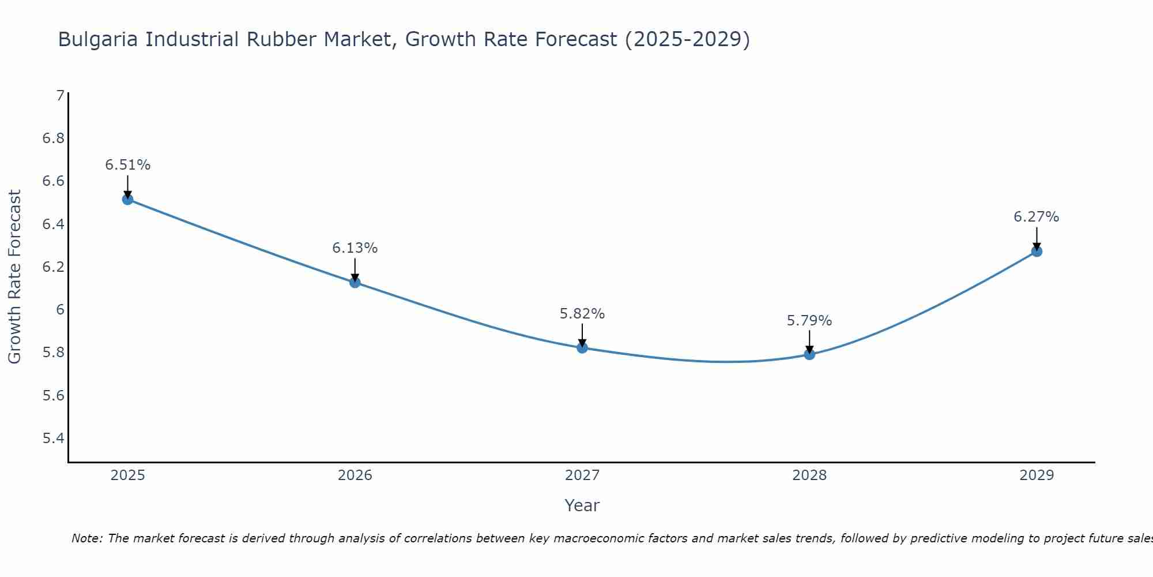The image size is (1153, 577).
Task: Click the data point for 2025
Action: point(127,200)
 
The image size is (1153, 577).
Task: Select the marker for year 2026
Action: point(355,282)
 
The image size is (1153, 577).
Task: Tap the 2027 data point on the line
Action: point(582,348)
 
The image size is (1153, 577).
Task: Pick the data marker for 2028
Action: point(809,354)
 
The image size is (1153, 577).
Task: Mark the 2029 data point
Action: point(1037,252)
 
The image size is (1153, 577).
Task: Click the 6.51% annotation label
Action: point(127,165)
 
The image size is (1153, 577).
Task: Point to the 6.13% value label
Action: point(355,248)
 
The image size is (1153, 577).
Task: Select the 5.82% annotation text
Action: point(582,314)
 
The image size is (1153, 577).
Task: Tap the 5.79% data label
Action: point(809,321)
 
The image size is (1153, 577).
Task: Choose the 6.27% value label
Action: point(1037,217)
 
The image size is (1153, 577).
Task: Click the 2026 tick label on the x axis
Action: point(355,475)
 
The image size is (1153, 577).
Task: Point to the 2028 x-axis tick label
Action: point(809,475)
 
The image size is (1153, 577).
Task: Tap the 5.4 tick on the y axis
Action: point(54,439)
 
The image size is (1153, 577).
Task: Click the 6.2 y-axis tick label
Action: point(54,267)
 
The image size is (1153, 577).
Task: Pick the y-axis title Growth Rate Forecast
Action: point(14,277)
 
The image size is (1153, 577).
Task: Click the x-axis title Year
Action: point(582,505)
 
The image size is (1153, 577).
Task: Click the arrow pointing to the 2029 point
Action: point(1037,238)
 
